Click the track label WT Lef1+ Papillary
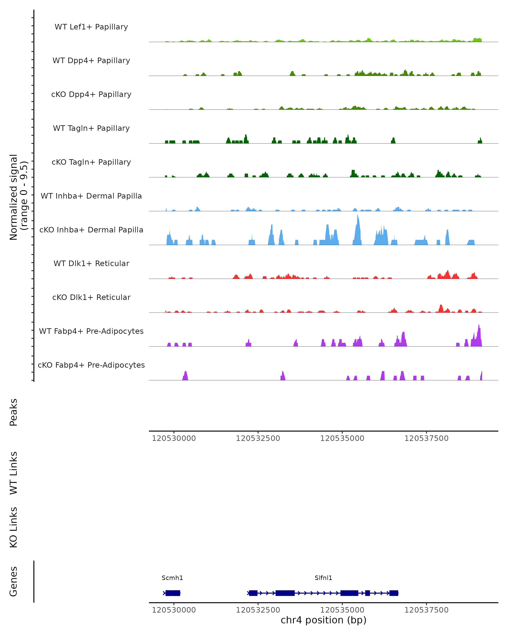point(91,27)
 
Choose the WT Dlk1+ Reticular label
point(91,263)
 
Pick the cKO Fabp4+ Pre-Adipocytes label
point(91,365)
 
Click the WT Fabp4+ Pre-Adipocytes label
point(91,331)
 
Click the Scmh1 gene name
point(172,578)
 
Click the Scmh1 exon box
point(173,593)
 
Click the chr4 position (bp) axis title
point(323,620)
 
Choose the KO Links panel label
point(14,527)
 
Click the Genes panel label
point(14,581)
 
